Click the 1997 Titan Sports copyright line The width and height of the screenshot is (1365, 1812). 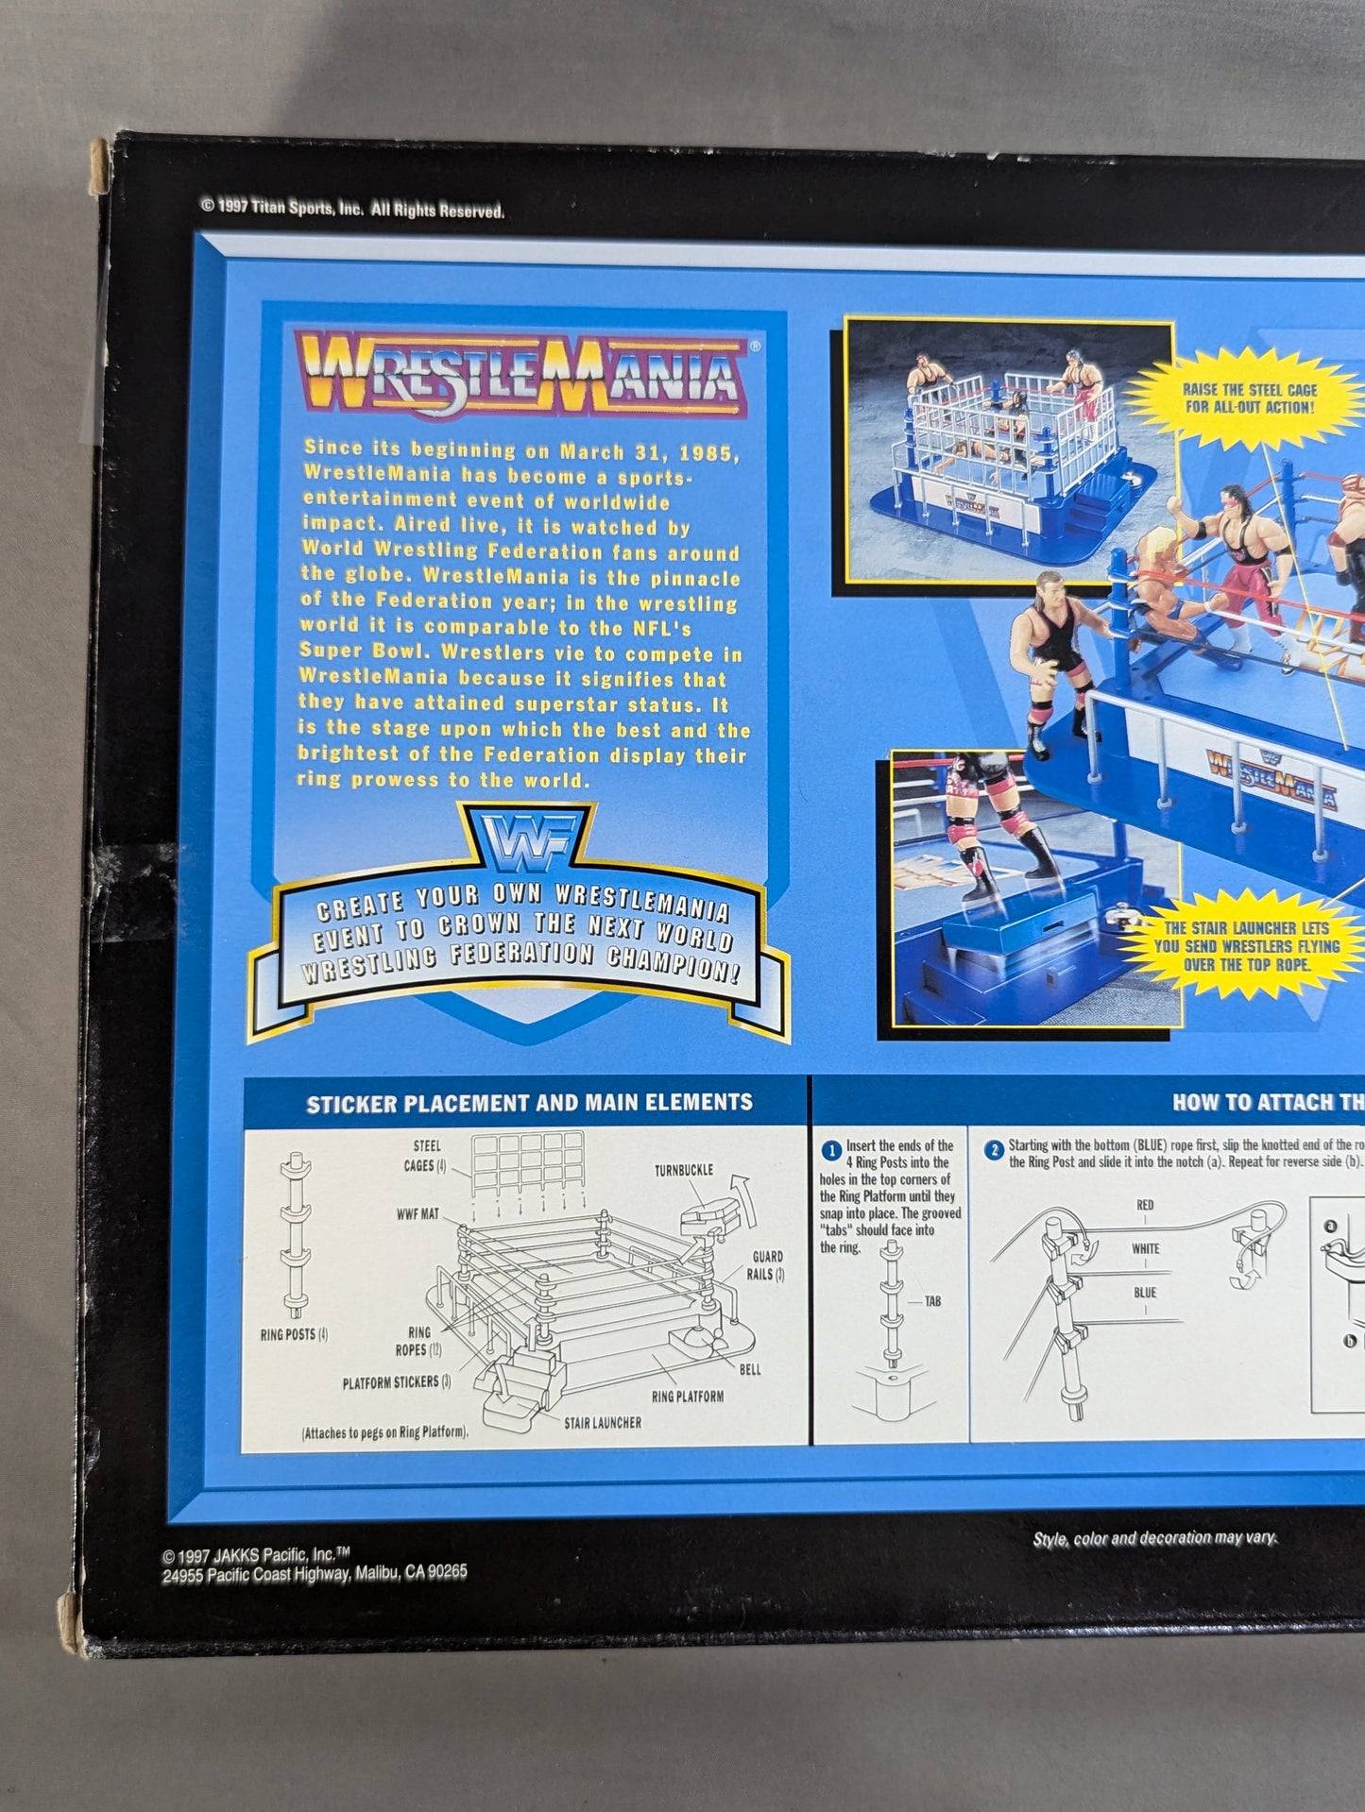(x=351, y=209)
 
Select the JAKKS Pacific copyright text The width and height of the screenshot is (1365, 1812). (x=314, y=1564)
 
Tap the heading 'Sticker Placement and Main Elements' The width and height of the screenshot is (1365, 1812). (x=529, y=1103)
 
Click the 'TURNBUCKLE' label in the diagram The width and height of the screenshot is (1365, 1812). (x=683, y=1170)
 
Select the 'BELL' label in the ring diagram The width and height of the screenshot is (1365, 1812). (x=750, y=1369)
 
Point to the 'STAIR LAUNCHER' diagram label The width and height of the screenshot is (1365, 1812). (x=602, y=1422)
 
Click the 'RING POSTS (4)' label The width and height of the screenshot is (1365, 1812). (x=294, y=1334)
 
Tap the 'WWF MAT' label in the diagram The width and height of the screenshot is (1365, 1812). (x=418, y=1213)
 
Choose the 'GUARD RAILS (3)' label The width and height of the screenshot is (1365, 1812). (x=765, y=1265)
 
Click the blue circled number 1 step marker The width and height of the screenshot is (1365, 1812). (x=831, y=1151)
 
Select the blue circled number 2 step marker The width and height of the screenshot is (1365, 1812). (x=994, y=1150)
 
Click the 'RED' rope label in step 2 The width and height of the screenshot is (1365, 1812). (x=1145, y=1205)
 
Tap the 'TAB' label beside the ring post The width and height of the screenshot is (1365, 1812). (x=931, y=1301)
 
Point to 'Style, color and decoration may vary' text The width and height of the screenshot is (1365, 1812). (x=1153, y=1538)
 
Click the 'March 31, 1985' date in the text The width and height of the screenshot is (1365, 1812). (x=646, y=452)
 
